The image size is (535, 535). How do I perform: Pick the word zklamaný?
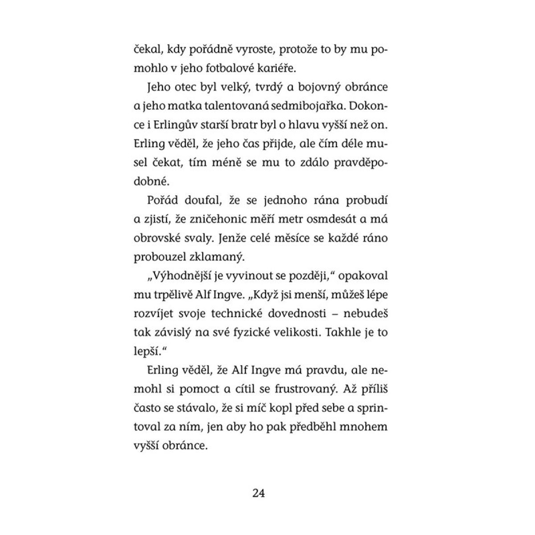pyautogui.click(x=219, y=257)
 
